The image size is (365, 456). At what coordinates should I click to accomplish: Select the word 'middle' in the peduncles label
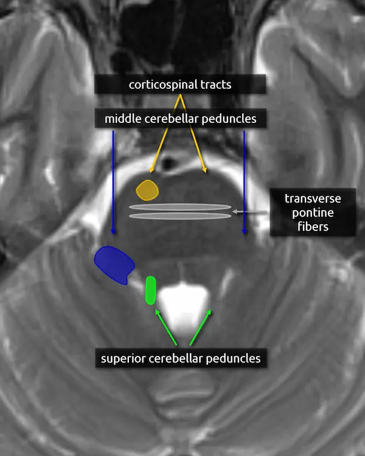[x=121, y=119]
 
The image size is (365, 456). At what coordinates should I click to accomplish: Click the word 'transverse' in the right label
[x=313, y=199]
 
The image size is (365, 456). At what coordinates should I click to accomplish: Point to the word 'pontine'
[x=313, y=213]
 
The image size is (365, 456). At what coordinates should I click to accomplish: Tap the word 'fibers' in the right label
[x=313, y=227]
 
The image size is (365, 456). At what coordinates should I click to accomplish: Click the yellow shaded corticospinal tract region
[x=147, y=190]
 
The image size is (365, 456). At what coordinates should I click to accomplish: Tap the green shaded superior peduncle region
[x=151, y=291]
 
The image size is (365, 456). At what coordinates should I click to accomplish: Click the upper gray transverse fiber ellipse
[x=180, y=207]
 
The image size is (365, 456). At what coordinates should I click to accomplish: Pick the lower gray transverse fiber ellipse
[x=180, y=216]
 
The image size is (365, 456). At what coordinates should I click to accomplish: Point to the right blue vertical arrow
[x=244, y=182]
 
